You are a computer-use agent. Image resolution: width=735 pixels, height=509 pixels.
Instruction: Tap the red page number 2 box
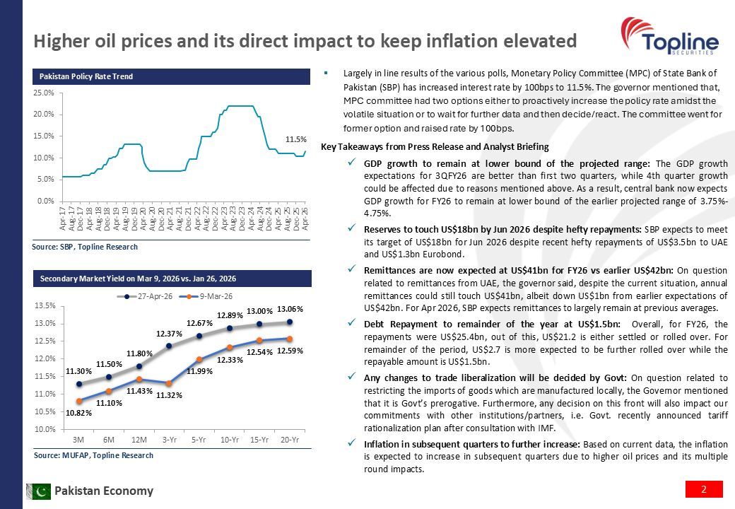704,489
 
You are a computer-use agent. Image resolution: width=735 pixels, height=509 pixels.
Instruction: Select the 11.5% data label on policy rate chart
295,140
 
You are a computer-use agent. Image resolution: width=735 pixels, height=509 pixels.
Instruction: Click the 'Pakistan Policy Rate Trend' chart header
86,76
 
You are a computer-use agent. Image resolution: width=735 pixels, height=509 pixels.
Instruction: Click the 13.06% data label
290,309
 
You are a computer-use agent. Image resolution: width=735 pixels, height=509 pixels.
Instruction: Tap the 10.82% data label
78,413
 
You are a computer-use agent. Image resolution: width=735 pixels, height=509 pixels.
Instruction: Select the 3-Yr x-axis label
170,440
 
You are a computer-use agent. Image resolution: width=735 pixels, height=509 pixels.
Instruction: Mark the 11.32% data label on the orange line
170,396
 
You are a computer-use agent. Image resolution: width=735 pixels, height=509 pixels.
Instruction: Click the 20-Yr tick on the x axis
290,440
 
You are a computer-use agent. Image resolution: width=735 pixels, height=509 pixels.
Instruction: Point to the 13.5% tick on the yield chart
45,306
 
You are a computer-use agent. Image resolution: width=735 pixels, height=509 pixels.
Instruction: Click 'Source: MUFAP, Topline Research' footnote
93,455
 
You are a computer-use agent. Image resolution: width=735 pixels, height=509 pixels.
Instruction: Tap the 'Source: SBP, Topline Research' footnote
86,247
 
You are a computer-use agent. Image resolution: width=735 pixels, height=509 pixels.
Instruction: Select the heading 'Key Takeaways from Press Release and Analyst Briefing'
435,147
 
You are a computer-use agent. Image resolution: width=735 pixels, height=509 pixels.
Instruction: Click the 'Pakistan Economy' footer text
104,491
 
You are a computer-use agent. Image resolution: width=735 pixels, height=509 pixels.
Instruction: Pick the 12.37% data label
170,333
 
